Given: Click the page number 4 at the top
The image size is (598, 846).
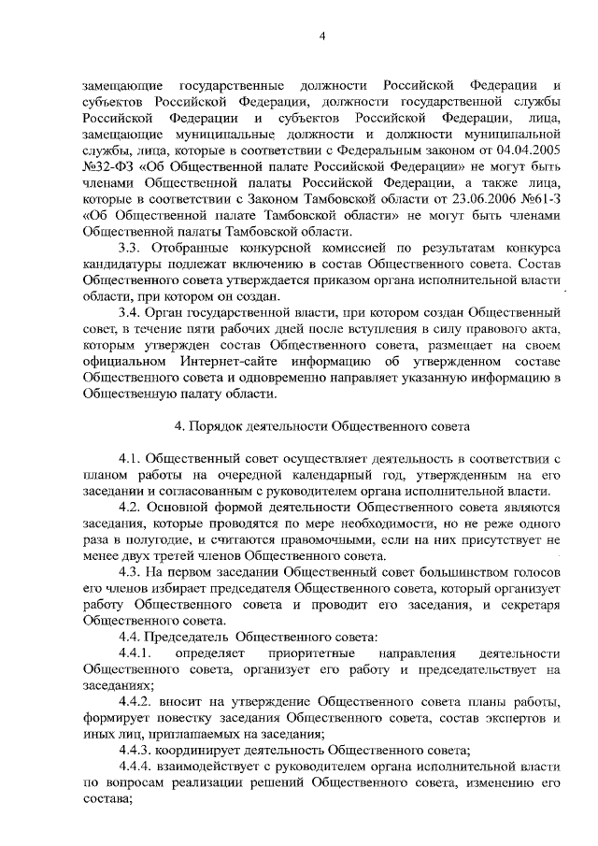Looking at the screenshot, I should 320,36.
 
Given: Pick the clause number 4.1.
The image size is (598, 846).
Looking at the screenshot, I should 130,460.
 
